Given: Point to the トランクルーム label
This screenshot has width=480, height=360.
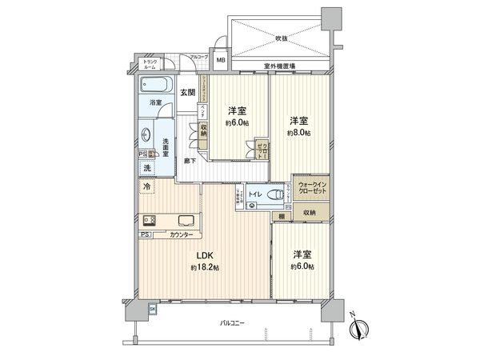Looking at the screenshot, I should [150, 65].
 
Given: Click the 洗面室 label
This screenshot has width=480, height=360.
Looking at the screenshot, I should [161, 142].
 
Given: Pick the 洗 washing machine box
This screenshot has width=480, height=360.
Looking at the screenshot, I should [147, 168].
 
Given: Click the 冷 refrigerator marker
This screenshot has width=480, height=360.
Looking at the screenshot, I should [147, 186].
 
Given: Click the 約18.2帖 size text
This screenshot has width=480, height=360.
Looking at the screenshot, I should [205, 268].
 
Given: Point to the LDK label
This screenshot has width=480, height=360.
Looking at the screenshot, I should [205, 257].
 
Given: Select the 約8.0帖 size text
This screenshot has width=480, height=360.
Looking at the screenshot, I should [302, 134].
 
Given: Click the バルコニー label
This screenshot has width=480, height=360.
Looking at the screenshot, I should [233, 323].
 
